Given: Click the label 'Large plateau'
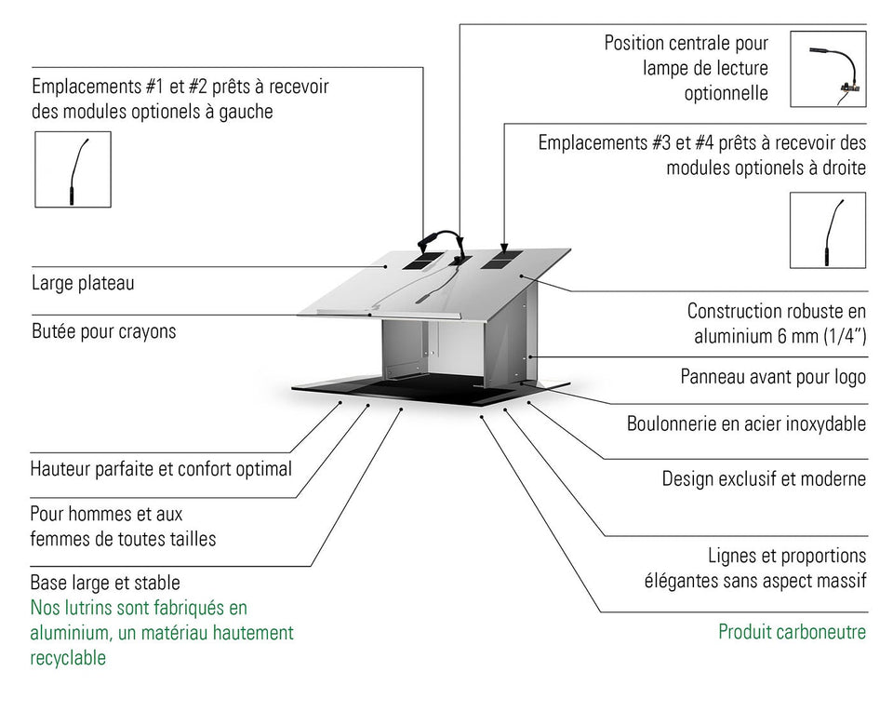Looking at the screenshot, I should tap(83, 283).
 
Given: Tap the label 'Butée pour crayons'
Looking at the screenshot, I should tap(103, 331).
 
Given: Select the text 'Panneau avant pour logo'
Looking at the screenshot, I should tap(773, 377).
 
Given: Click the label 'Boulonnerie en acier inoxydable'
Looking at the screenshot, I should tap(746, 424).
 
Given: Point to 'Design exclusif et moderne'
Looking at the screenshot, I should tap(764, 479).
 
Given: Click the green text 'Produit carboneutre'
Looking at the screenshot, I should tap(792, 633).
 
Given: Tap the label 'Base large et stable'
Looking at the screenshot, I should tap(105, 584).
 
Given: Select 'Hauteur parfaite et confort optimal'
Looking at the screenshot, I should tap(161, 469).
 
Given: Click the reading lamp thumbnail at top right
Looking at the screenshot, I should tap(828, 68).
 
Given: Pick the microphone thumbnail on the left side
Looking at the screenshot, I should tap(73, 168).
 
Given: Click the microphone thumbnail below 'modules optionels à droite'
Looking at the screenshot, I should tap(827, 230).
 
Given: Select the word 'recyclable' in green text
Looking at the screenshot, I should tap(68, 658).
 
